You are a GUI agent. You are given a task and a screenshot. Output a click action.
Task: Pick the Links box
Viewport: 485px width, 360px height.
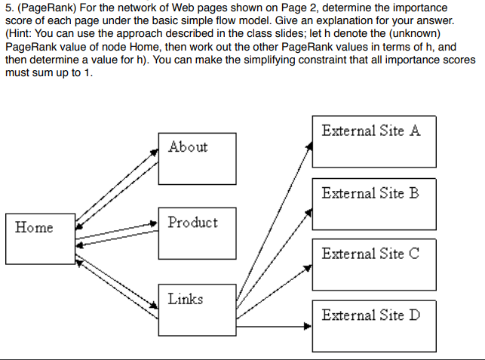click(192, 310)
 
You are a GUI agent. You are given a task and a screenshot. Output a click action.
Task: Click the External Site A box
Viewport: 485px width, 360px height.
click(373, 141)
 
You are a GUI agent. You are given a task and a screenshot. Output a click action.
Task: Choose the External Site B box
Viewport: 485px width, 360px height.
click(373, 203)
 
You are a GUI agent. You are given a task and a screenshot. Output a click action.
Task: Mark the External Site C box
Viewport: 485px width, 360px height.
click(373, 263)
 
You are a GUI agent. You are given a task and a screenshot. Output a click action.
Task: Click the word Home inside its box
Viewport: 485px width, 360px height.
click(34, 228)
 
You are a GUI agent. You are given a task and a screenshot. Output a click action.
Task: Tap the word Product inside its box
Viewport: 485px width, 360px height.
click(192, 223)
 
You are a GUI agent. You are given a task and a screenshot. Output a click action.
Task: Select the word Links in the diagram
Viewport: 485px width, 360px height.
click(185, 299)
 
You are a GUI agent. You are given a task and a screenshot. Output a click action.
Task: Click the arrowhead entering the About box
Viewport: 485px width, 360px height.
click(155, 146)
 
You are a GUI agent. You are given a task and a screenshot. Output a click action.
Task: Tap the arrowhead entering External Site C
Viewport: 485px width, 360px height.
click(308, 266)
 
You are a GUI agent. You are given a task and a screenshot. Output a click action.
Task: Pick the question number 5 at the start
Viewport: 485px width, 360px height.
click(8, 8)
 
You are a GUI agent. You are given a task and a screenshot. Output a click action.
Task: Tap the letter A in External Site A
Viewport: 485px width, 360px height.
click(414, 131)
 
